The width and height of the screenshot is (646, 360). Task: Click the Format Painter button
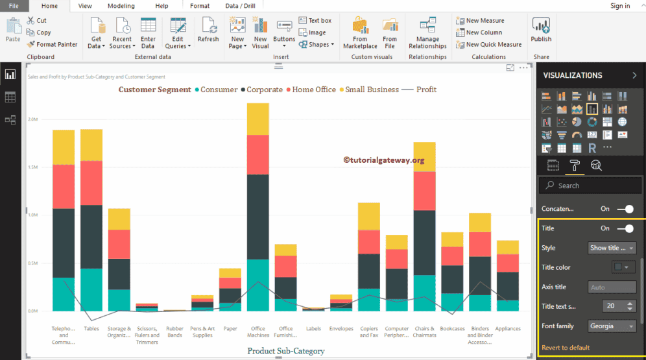[53, 44]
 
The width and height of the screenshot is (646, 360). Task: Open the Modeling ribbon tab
[121, 6]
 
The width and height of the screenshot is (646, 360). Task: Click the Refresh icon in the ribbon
[208, 30]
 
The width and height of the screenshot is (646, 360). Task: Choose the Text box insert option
[315, 21]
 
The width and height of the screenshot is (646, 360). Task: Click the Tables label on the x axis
[91, 329]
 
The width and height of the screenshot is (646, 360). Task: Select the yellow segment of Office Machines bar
[257, 119]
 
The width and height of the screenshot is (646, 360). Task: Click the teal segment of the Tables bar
[91, 289]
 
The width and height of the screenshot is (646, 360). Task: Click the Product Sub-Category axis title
[285, 351]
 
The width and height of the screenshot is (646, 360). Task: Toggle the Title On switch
[625, 228]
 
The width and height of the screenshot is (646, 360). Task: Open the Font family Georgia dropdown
[612, 326]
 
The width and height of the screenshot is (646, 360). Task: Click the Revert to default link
[566, 348]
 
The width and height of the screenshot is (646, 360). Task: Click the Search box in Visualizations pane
[590, 186]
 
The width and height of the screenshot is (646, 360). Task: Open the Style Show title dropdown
[612, 248]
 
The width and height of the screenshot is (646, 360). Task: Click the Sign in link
[620, 6]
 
